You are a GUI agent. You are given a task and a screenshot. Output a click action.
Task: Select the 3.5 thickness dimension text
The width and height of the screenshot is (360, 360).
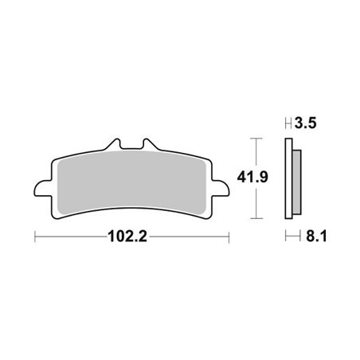click(306, 124)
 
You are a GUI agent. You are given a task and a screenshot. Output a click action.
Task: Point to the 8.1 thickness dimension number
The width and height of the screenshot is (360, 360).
click(306, 237)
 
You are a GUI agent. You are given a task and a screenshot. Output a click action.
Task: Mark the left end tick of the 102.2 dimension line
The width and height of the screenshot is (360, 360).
click(35, 237)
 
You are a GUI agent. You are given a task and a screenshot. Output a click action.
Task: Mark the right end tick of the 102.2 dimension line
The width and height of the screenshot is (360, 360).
click(229, 237)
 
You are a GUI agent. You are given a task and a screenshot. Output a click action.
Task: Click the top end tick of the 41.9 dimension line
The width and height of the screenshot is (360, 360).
click(254, 138)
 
